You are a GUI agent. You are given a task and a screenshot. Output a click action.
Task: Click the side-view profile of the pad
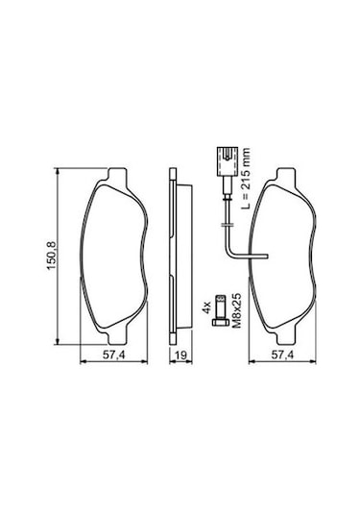coord(173,256)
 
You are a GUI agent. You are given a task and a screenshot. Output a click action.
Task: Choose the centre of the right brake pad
coord(281,256)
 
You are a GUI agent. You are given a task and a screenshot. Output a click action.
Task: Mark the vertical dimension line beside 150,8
coord(60,256)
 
